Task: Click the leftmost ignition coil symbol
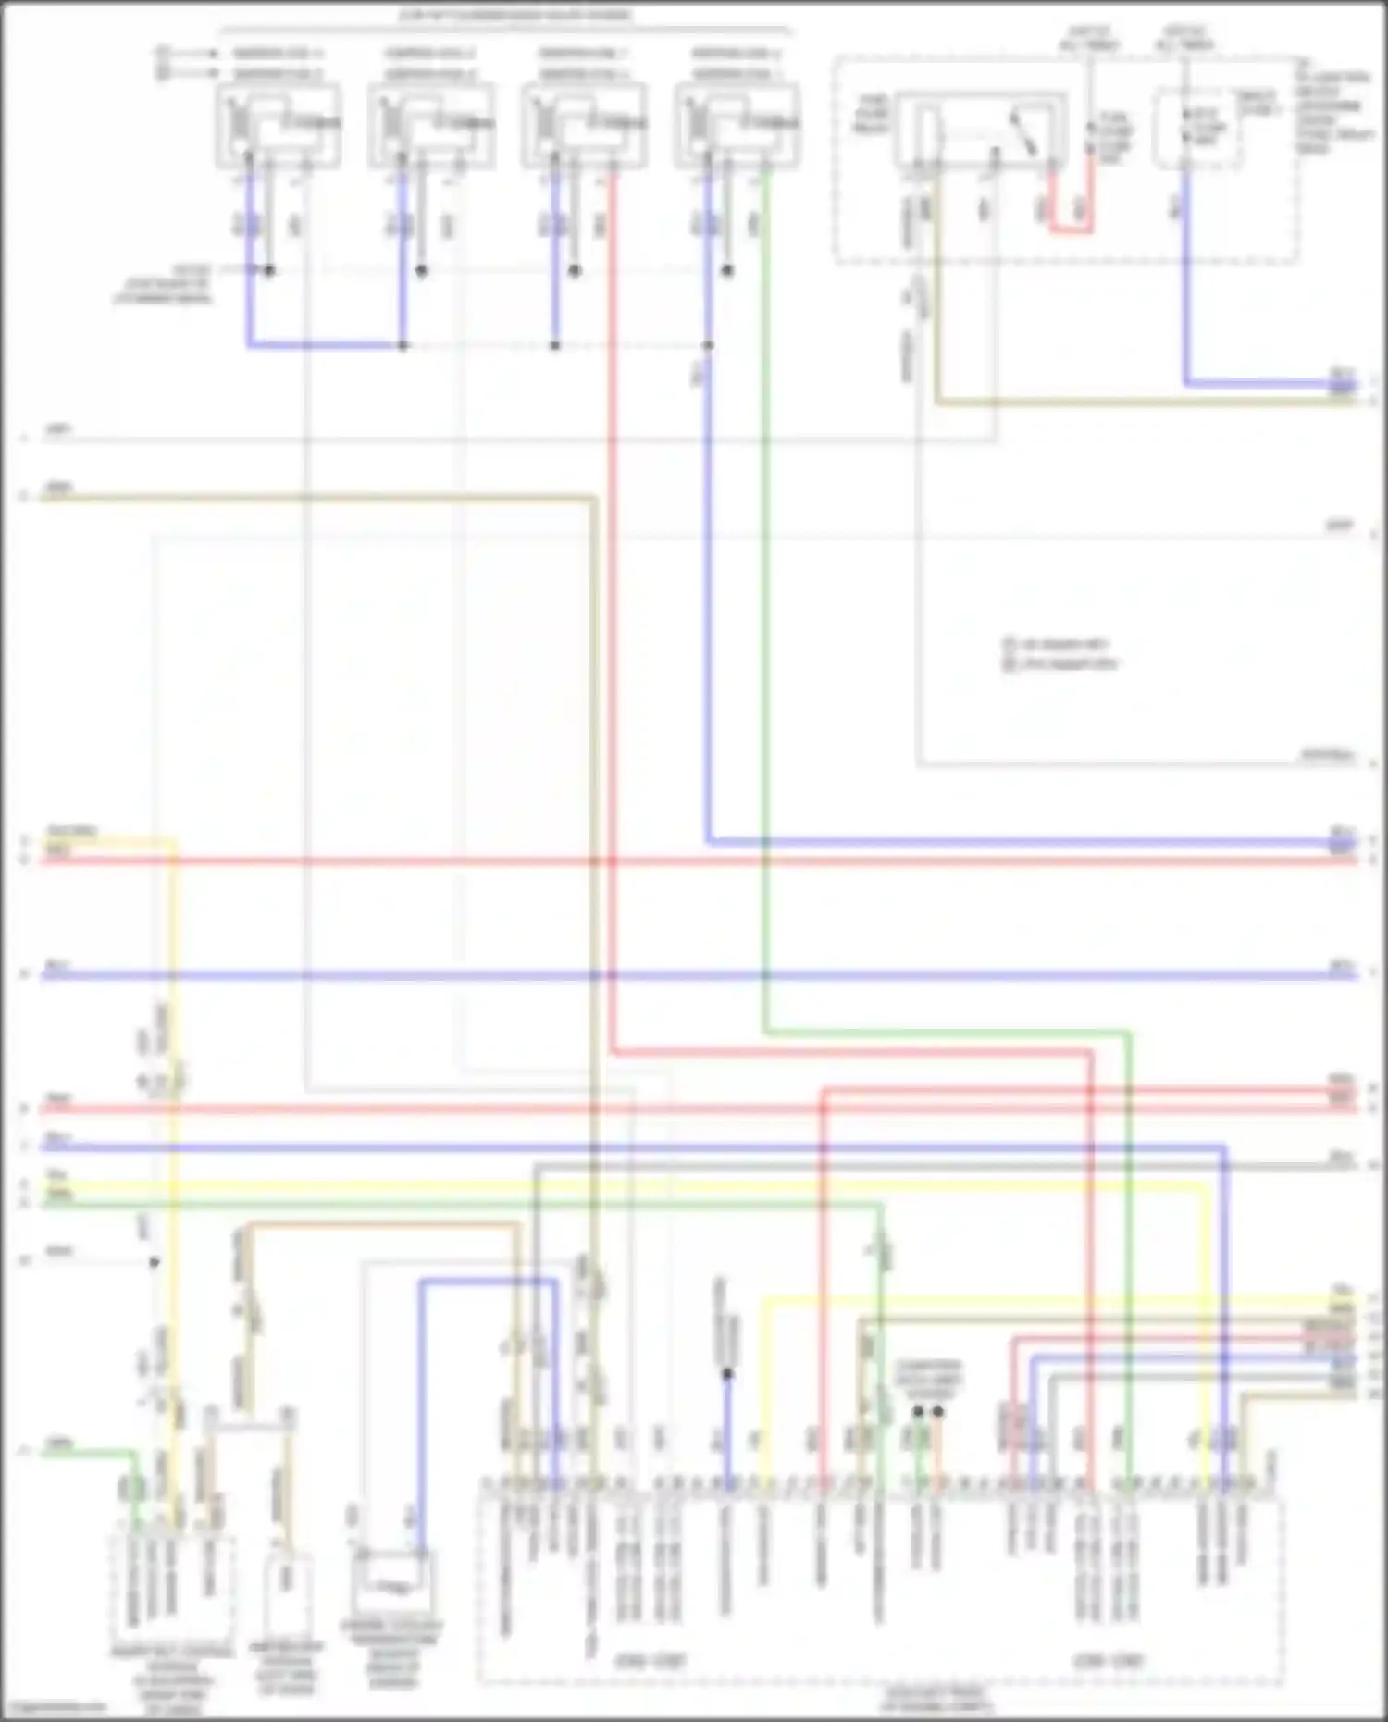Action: (x=278, y=125)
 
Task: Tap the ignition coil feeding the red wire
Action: (x=584, y=125)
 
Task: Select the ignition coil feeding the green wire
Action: (x=737, y=125)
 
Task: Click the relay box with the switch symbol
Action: (x=981, y=130)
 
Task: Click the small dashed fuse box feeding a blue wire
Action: (x=1198, y=130)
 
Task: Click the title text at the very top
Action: (x=516, y=15)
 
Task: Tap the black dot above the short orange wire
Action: (x=938, y=1412)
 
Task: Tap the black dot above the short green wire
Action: (x=918, y=1412)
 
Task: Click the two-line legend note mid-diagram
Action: (x=1060, y=653)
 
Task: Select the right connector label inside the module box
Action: (x=1108, y=1661)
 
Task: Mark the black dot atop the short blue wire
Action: (x=727, y=1374)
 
